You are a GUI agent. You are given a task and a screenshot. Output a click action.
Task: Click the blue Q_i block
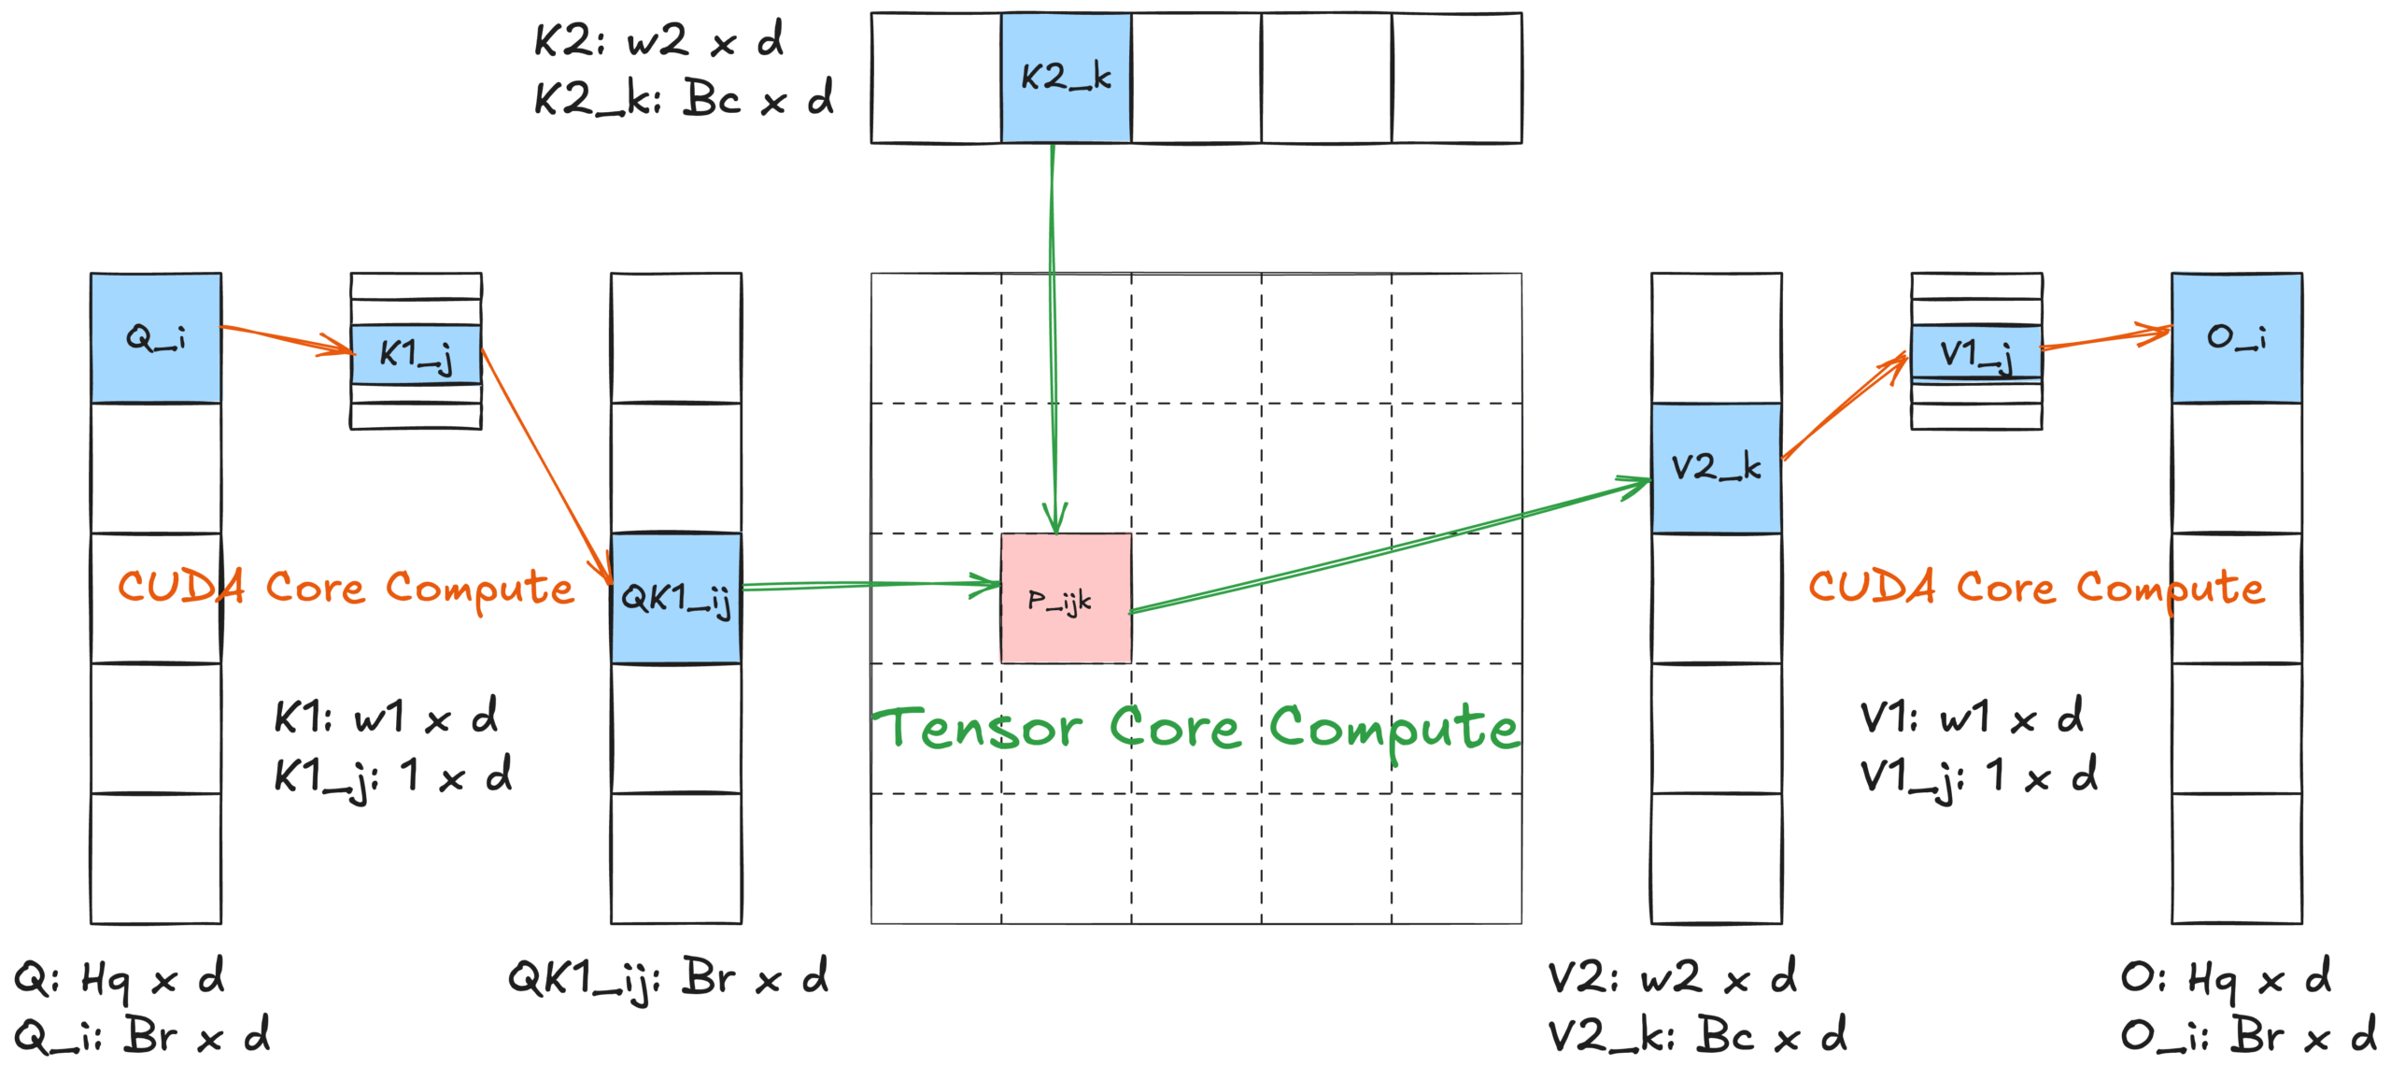click(x=156, y=337)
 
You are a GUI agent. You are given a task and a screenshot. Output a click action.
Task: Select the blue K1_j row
click(x=417, y=354)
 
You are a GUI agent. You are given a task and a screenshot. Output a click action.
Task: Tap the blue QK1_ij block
click(x=676, y=598)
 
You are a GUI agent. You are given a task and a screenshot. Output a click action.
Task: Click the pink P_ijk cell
click(x=1066, y=598)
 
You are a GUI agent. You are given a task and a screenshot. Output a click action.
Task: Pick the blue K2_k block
click(x=1066, y=78)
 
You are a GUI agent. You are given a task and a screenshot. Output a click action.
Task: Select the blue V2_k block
click(x=1716, y=467)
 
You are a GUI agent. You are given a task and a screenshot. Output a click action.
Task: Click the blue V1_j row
click(x=1976, y=352)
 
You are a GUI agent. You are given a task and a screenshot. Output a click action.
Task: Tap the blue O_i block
click(x=2236, y=337)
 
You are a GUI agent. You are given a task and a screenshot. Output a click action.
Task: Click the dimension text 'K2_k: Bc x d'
click(x=683, y=98)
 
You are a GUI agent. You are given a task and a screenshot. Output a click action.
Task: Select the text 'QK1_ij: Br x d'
click(x=668, y=979)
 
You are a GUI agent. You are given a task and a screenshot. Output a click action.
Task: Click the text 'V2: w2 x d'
click(x=1672, y=978)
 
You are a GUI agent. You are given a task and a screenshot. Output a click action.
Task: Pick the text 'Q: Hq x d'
click(x=119, y=979)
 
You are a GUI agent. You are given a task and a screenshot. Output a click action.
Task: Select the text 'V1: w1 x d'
click(x=1971, y=718)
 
